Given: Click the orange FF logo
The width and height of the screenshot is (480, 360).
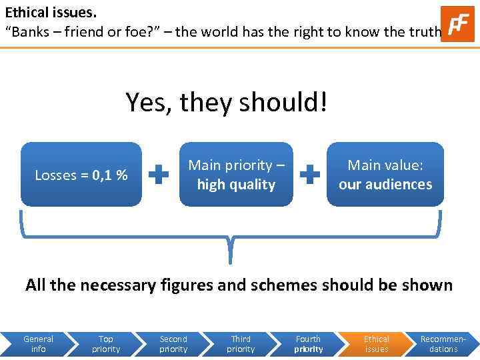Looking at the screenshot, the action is pos(457,24).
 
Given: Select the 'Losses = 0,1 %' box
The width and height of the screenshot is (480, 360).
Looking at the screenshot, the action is pos(81,175).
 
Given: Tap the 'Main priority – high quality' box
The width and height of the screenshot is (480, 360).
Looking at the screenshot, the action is pos(236,175).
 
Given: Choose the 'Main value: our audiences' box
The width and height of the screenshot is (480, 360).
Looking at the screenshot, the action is pos(385,175).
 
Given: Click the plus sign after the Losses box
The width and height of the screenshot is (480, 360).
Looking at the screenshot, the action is pos(159,175).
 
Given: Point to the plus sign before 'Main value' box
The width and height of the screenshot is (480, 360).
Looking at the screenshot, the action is pos(309,175).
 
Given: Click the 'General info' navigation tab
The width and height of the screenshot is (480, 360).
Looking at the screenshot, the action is pos(38,344).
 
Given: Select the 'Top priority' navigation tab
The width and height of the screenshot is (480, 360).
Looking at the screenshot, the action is pos(106,344).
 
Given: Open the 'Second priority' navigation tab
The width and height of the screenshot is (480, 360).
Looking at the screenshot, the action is pos(173,344).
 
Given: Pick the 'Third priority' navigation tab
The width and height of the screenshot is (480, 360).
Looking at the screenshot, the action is pos(241,344).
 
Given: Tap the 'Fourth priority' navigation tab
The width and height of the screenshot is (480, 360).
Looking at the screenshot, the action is pos(308,344).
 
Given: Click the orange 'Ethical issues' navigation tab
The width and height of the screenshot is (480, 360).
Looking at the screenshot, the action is pos(377,344).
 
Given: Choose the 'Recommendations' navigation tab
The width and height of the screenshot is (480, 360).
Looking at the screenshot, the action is pos(443,344).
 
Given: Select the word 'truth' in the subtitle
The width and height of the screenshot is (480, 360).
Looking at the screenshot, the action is pos(423,31).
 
